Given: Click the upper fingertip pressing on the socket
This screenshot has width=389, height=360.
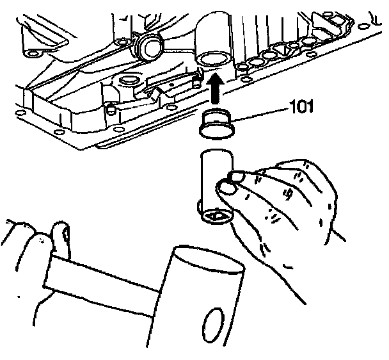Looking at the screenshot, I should pyautogui.click(x=238, y=176).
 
